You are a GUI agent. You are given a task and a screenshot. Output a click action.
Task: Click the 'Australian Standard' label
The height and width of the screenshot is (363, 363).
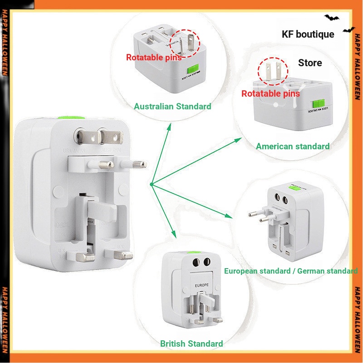click(x=172, y=107)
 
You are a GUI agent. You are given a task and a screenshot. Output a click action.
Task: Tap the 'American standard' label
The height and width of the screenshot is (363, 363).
click(x=293, y=146)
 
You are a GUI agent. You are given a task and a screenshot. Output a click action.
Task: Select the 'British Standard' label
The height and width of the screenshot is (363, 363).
click(x=191, y=343)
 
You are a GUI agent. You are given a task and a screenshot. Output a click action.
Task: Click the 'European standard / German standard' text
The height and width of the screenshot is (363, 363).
click(x=291, y=271)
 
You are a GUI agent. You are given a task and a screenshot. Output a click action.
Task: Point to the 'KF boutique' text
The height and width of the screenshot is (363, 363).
click(x=308, y=34)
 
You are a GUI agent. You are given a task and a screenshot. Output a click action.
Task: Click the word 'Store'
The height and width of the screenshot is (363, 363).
click(x=310, y=63)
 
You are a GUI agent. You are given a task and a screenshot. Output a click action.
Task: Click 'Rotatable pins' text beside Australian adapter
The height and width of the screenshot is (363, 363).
click(x=154, y=58)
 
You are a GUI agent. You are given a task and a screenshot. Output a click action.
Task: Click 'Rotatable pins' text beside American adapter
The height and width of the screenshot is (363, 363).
click(x=270, y=93)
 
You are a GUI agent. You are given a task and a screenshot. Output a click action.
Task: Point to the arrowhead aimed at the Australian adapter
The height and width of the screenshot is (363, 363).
click(x=169, y=126)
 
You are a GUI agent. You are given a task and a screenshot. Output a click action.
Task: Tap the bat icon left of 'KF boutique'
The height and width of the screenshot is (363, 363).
click(x=332, y=18)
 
